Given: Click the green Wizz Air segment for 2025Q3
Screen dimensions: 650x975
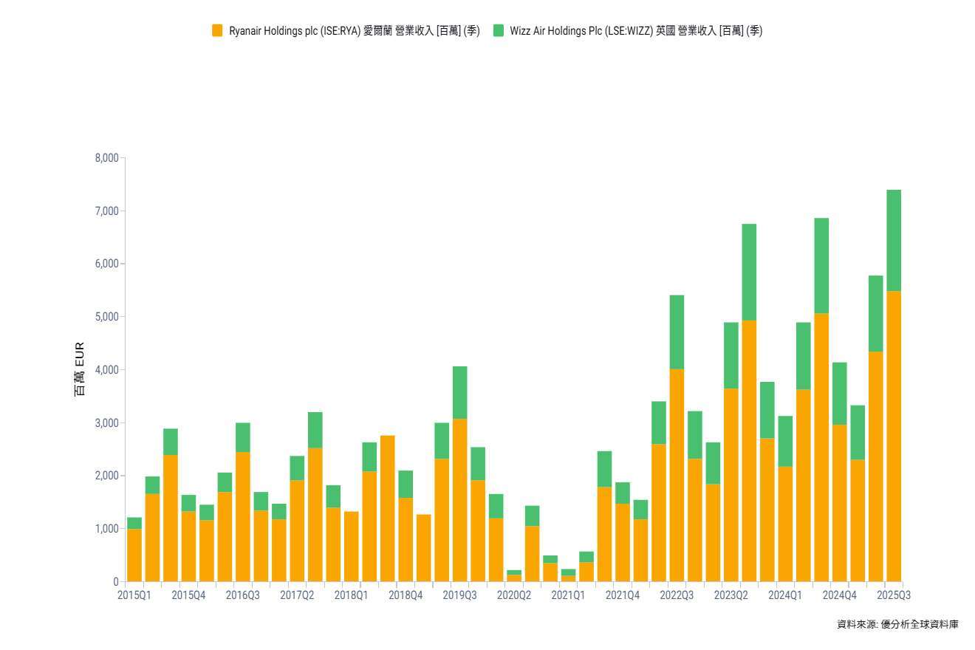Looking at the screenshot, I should click(x=894, y=240).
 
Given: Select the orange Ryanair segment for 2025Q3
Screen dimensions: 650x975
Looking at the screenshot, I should click(x=894, y=436).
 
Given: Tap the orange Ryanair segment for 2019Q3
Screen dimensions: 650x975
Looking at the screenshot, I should click(x=459, y=500).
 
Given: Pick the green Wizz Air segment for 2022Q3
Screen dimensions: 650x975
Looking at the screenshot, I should click(x=677, y=332).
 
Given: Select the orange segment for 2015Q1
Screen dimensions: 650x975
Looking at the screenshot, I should click(x=134, y=555).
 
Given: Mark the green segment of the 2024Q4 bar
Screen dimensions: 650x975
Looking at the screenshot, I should click(x=840, y=393).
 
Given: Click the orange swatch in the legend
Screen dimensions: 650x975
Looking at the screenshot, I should click(x=217, y=30).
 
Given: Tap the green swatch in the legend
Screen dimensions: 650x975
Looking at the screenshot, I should click(x=499, y=30).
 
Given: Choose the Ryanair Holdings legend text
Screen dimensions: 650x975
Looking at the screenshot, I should click(x=354, y=30).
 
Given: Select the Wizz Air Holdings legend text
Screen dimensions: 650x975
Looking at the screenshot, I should click(x=636, y=30).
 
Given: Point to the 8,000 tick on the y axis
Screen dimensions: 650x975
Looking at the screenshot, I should click(x=106, y=158).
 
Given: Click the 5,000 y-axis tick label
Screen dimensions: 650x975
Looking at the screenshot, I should click(x=106, y=317).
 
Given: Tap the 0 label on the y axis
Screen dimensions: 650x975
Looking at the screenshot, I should click(x=115, y=582).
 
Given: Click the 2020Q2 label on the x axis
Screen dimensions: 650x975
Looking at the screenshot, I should click(x=514, y=595).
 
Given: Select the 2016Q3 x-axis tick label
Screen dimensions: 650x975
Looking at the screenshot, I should click(x=242, y=595).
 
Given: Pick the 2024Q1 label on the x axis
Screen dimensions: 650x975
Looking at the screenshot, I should click(x=785, y=595).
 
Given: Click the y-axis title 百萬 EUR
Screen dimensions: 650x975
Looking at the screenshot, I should click(x=80, y=369).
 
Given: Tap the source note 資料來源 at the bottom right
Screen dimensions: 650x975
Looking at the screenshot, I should click(x=897, y=624).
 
